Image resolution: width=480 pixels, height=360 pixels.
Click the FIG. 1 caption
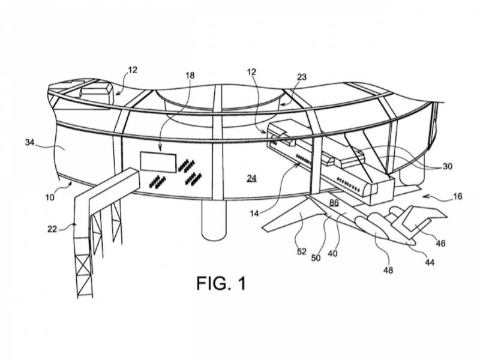click(221, 283)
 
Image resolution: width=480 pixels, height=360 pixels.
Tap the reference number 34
click(29, 143)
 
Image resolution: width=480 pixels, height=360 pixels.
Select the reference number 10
click(50, 197)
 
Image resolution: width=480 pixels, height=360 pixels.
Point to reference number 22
click(52, 229)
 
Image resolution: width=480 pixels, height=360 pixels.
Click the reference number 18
click(190, 76)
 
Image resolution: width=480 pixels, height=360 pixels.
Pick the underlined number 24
click(251, 178)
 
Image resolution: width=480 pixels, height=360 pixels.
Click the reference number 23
click(302, 77)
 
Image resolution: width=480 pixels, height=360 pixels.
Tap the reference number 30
click(448, 167)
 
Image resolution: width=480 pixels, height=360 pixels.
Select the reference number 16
click(457, 196)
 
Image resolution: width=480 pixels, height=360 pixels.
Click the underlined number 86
click(334, 203)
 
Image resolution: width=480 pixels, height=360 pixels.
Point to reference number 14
click(254, 214)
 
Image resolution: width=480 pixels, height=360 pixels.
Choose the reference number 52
click(302, 251)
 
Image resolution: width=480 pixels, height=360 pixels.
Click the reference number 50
click(316, 258)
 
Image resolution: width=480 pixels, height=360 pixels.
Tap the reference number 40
click(332, 253)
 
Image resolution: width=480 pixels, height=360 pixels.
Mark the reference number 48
click(388, 270)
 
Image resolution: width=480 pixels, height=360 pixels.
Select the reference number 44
click(430, 262)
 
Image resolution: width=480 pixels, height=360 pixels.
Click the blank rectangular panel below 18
click(158, 162)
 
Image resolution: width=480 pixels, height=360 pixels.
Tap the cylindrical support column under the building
click(214, 220)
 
